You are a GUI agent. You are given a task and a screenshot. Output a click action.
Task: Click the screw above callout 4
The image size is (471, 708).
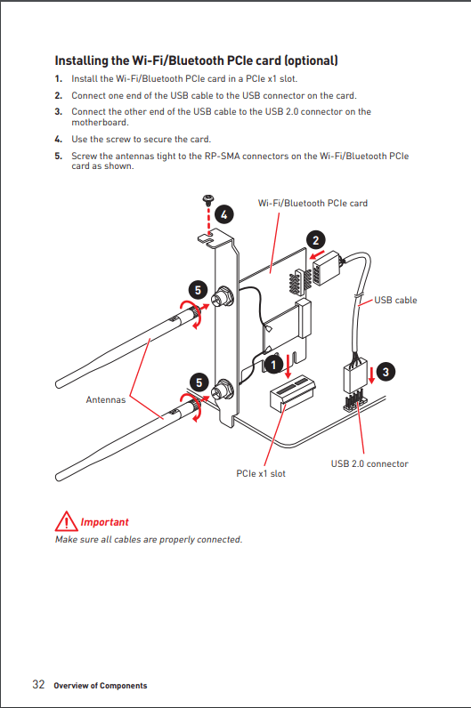(208, 198)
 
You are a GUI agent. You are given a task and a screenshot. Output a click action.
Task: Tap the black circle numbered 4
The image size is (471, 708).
(224, 214)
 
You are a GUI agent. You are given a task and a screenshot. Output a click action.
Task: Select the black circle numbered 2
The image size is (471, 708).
(315, 240)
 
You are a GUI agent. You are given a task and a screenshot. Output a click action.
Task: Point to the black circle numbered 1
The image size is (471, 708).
(273, 364)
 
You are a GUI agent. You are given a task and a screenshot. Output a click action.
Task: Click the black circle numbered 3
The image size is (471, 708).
(386, 372)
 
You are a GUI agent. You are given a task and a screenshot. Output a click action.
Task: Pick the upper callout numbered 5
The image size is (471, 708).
(198, 290)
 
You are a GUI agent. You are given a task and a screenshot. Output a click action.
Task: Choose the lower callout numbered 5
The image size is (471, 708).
(199, 382)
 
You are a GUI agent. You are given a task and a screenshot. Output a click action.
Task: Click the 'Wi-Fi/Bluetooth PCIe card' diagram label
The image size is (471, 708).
(313, 203)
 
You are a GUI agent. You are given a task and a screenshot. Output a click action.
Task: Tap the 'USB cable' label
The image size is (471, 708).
(395, 301)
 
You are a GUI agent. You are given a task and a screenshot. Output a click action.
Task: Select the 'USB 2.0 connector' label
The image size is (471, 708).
(369, 463)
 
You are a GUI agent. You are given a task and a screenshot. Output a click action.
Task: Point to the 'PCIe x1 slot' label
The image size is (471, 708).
(261, 474)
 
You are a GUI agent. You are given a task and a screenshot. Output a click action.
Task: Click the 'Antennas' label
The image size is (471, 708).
(106, 399)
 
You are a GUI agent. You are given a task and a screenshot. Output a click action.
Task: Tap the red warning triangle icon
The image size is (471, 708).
(67, 521)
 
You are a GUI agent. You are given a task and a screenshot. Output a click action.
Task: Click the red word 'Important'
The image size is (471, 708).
(104, 522)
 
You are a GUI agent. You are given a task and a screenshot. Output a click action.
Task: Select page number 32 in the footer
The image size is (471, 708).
(38, 685)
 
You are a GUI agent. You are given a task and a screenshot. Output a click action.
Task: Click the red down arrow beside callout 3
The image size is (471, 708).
(371, 375)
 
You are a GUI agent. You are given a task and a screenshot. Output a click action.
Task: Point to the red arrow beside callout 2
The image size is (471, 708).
(317, 254)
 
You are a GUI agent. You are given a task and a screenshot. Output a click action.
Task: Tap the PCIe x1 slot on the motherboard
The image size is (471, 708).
(292, 393)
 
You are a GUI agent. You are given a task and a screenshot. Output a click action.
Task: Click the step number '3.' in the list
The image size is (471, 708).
(58, 111)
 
